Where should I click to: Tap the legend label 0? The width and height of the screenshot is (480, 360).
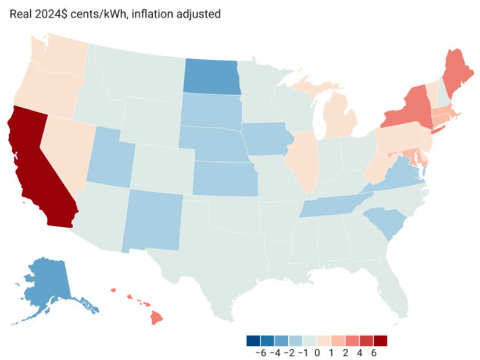tap(317, 352)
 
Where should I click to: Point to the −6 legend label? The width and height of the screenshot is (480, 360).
tap(260, 352)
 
